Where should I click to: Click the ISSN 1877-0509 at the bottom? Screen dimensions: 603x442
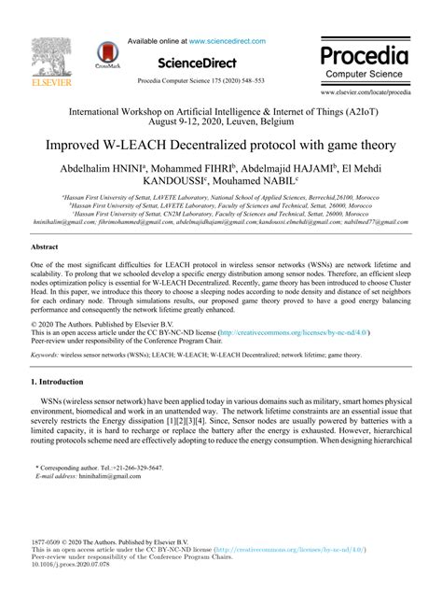click(48, 541)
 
